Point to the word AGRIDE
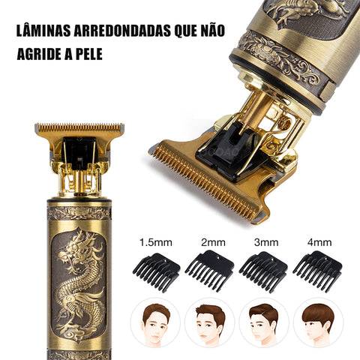click(39, 53)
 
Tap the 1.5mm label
click(156, 242)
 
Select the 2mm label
click(213, 242)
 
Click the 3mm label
click(266, 242)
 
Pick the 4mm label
click(319, 242)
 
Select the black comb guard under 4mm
click(317, 271)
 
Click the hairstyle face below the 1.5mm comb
click(156, 322)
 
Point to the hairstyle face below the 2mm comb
click(210, 322)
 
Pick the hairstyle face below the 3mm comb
click(264, 322)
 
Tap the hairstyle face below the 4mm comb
click(318, 322)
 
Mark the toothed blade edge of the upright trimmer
click(79, 127)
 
